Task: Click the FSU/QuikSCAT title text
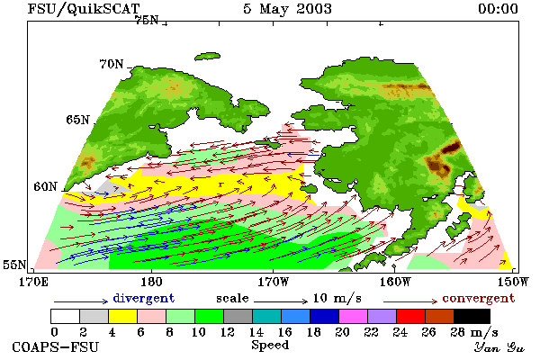click(x=84, y=9)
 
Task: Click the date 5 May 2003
click(x=288, y=9)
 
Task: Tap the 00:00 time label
click(x=498, y=9)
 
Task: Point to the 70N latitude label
click(x=112, y=64)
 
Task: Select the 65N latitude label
click(x=77, y=120)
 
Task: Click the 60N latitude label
click(x=45, y=186)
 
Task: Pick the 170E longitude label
click(x=33, y=282)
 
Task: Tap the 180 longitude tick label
click(x=151, y=282)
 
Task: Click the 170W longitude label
click(x=274, y=282)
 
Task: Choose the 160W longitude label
click(x=395, y=282)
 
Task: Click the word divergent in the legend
click(x=144, y=298)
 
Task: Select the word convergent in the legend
click(x=479, y=298)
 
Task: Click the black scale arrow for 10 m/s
click(x=281, y=301)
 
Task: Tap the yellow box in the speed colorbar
click(x=123, y=316)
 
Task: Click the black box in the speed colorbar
click(x=472, y=316)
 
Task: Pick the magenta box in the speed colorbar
click(x=354, y=316)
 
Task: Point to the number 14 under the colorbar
click(x=256, y=332)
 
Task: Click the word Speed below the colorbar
click(x=270, y=345)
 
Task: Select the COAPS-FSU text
click(x=56, y=346)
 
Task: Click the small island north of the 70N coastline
click(x=207, y=56)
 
